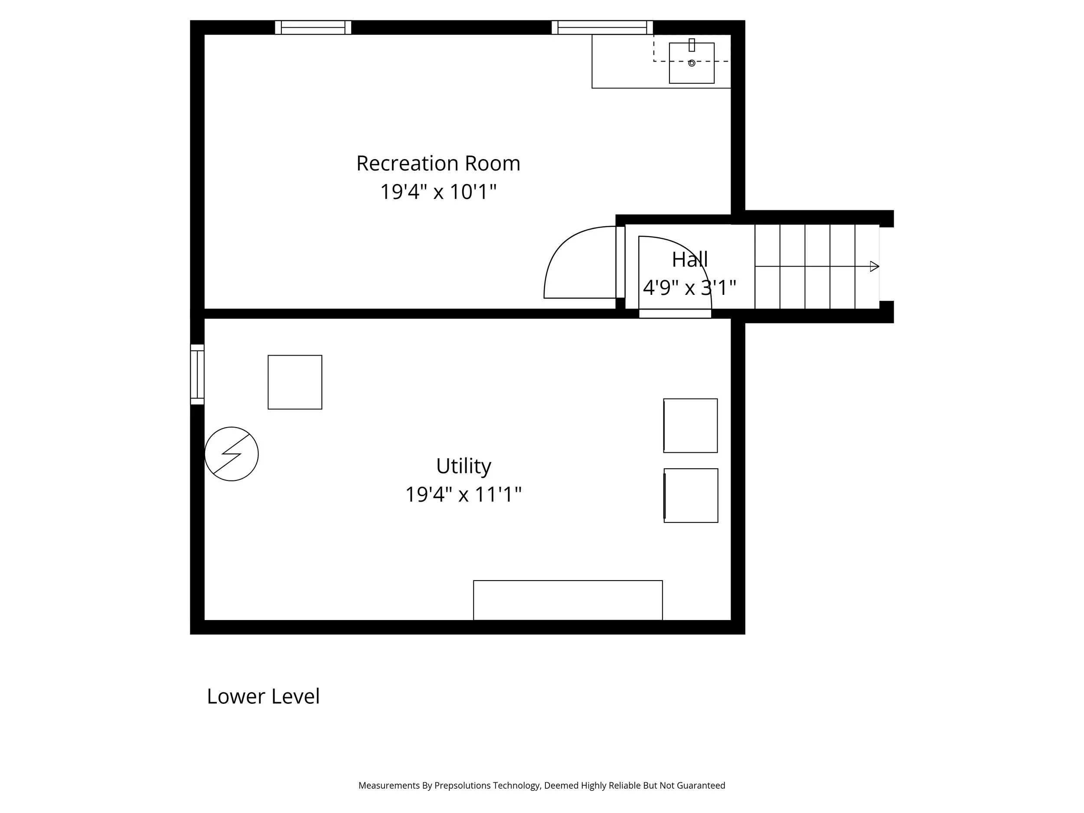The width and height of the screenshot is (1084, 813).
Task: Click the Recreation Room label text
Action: pyautogui.click(x=438, y=163)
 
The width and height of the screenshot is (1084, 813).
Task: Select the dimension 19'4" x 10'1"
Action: pyautogui.click(x=438, y=192)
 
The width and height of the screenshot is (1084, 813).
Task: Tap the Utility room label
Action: pyautogui.click(x=463, y=466)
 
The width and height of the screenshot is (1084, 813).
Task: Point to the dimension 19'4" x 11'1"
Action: pyautogui.click(x=463, y=494)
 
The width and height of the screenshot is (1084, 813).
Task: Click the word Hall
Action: pyautogui.click(x=689, y=259)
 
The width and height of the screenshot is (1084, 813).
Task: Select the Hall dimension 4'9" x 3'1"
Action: pyautogui.click(x=689, y=287)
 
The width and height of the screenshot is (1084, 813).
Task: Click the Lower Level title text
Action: pyautogui.click(x=263, y=696)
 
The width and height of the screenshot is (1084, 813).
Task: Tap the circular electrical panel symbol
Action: pyautogui.click(x=231, y=454)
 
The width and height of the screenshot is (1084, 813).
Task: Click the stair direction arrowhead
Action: pyautogui.click(x=874, y=267)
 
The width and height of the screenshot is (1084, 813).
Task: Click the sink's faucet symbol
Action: pyautogui.click(x=692, y=45)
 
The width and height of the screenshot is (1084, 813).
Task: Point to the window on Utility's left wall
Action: pyautogui.click(x=197, y=374)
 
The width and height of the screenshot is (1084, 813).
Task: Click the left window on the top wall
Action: pyautogui.click(x=313, y=27)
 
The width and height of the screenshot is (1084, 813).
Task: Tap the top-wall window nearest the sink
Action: pyautogui.click(x=602, y=27)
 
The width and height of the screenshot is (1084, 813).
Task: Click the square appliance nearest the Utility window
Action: pyautogui.click(x=294, y=382)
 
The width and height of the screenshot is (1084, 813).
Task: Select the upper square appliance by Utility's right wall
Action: pyautogui.click(x=690, y=425)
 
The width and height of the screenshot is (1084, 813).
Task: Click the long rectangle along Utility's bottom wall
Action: pyautogui.click(x=568, y=600)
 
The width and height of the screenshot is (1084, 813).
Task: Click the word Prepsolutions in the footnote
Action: pyautogui.click(x=462, y=786)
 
